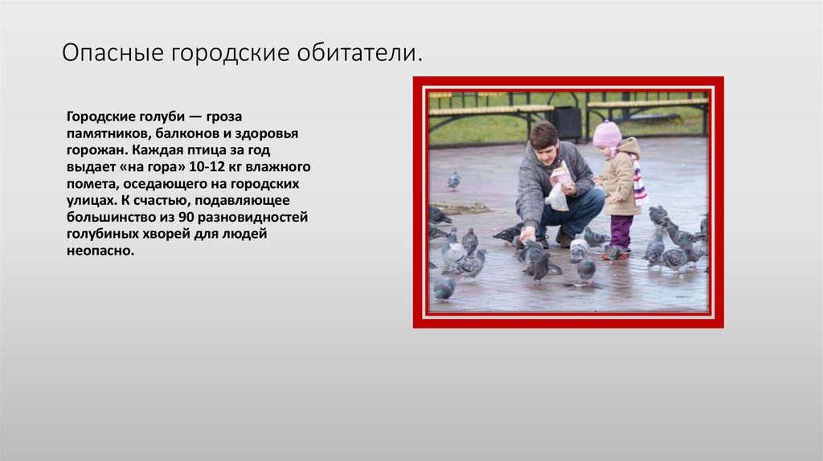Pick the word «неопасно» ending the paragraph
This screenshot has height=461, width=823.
[x=100, y=251]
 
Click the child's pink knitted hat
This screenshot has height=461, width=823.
[x=607, y=133]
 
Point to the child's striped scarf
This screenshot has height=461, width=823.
[x=639, y=182]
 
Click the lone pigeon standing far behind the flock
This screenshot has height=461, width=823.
[x=454, y=180]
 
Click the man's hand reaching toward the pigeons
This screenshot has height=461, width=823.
[x=526, y=235]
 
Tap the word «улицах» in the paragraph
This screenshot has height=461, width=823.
[x=91, y=200]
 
